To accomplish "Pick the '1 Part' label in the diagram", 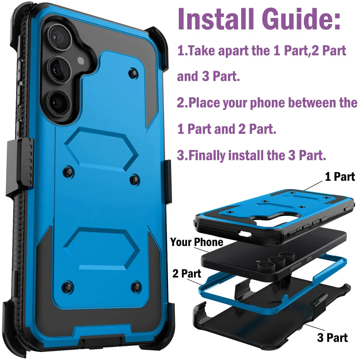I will coord(340,177).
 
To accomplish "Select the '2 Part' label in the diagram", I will coord(187,274).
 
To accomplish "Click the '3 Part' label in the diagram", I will coord(332,338).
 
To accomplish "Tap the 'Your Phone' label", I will coord(197,242).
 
